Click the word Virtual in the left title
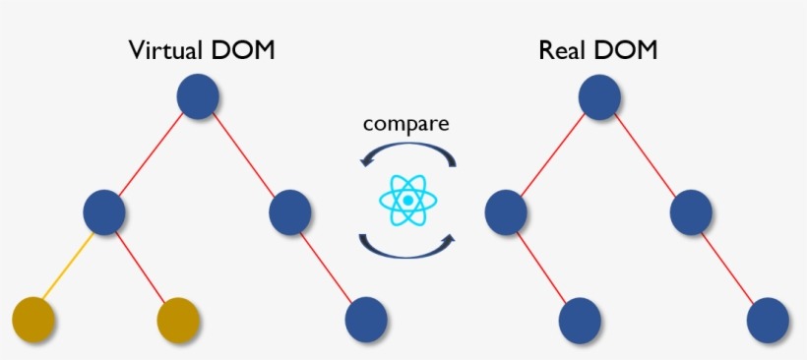(x=166, y=50)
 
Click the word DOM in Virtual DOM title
(x=240, y=50)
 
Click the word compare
(x=405, y=124)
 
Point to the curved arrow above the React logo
(x=406, y=153)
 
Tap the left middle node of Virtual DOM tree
(x=104, y=210)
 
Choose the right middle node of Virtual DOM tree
(x=290, y=210)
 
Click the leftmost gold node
(x=33, y=320)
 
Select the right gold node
(x=179, y=320)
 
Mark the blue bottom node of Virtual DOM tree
(x=366, y=320)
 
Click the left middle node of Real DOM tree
(x=505, y=210)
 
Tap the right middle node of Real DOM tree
(x=692, y=210)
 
